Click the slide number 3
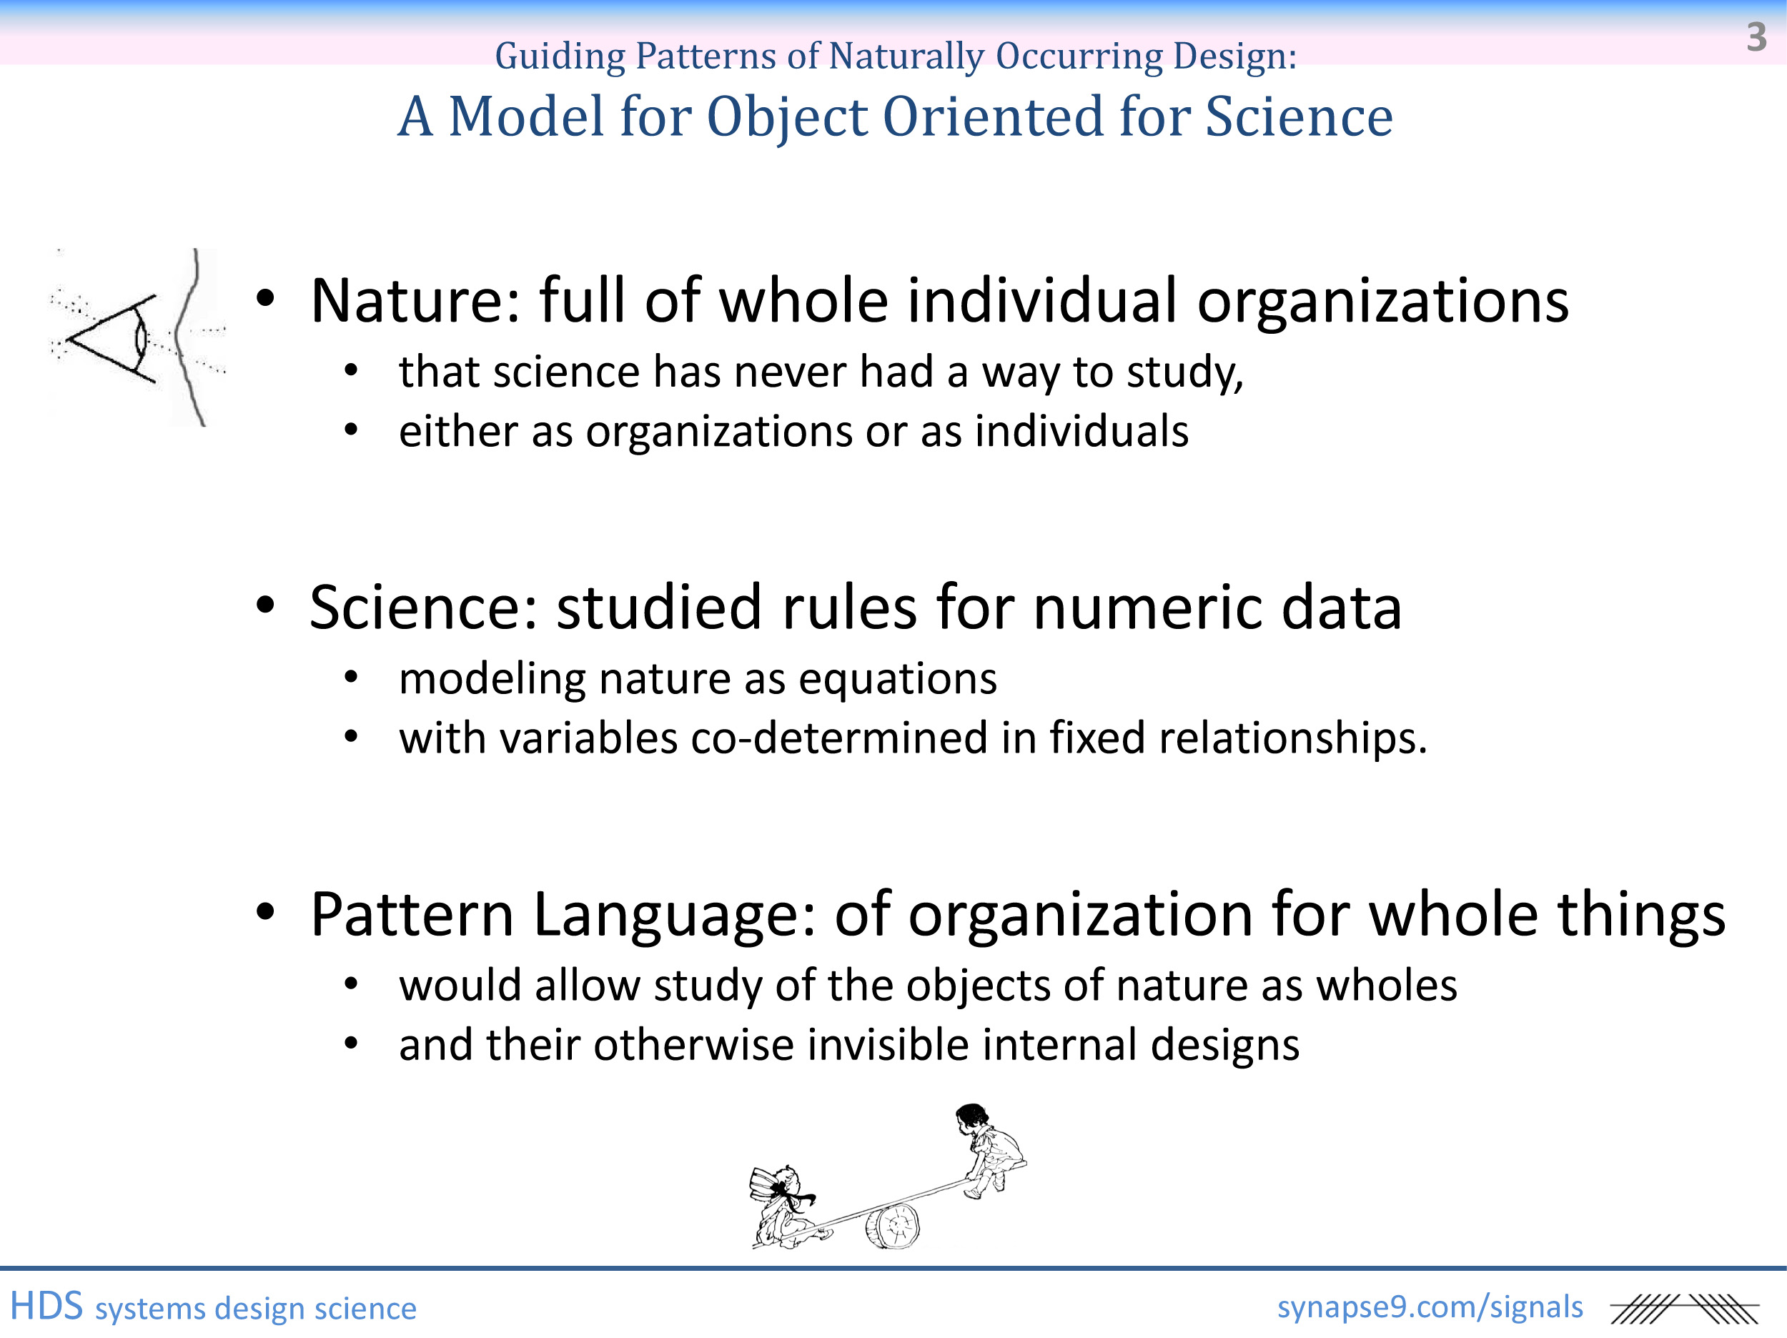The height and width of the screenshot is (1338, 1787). coord(1756,37)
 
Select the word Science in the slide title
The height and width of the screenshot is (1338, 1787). coord(1299,117)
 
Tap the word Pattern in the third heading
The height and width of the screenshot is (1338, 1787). coord(412,915)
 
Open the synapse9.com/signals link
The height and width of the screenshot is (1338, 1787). coord(1430,1307)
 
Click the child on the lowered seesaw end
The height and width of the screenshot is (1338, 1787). coord(787,1206)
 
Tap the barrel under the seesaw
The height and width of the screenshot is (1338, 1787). coord(893,1226)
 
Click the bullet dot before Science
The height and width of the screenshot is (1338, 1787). coord(266,605)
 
